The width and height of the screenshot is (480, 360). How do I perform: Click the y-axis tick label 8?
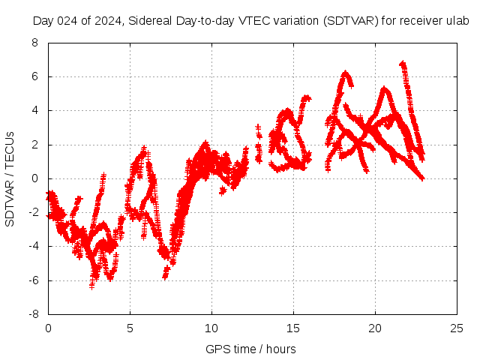pyautogui.click(x=34, y=43)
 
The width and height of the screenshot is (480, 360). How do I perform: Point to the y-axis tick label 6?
pyautogui.click(x=34, y=76)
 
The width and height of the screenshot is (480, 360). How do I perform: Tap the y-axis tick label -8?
pyautogui.click(x=32, y=315)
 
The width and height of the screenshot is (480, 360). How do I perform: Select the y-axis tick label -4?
pyautogui.click(x=32, y=247)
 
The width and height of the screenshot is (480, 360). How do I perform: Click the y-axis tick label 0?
pyautogui.click(x=34, y=178)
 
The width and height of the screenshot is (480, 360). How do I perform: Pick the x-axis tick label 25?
pyautogui.click(x=457, y=328)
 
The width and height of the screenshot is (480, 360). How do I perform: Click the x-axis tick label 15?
pyautogui.click(x=293, y=328)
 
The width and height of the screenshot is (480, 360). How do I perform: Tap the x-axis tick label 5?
pyautogui.click(x=130, y=328)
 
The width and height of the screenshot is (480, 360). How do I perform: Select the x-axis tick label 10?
pyautogui.click(x=211, y=328)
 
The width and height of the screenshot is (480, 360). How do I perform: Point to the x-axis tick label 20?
pyautogui.click(x=375, y=328)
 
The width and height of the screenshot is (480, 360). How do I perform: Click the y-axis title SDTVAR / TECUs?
pyautogui.click(x=10, y=178)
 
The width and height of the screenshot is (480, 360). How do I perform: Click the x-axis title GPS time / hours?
pyautogui.click(x=250, y=349)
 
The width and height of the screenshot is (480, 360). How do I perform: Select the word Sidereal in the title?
pyautogui.click(x=150, y=21)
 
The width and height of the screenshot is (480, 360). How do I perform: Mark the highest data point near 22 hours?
pyautogui.click(x=403, y=64)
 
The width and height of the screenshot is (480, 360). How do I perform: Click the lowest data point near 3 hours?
pyautogui.click(x=92, y=286)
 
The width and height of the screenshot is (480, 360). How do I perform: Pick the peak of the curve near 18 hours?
pyautogui.click(x=345, y=73)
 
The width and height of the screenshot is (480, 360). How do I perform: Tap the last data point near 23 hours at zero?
pyautogui.click(x=422, y=178)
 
